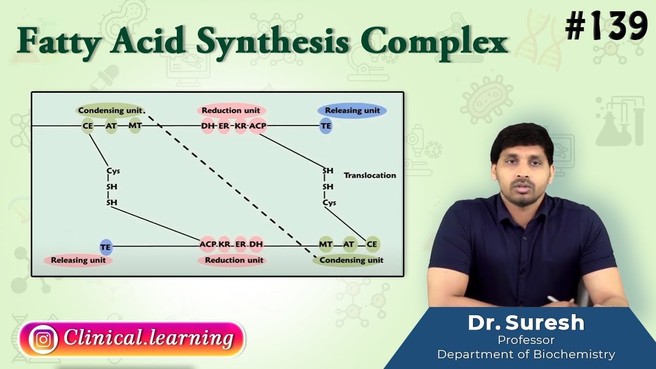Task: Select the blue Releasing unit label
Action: pos(352,110)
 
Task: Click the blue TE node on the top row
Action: pos(326,126)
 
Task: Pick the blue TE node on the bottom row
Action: pos(106,247)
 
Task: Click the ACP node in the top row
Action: pos(258,126)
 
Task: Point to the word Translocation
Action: pos(370,175)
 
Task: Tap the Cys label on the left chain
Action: pos(113,171)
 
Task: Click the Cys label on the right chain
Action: pos(329,202)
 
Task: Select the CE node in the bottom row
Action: pos(372,244)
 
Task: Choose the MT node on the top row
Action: pos(135,126)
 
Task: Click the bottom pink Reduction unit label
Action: pos(234,260)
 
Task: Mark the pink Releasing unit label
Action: pos(78,260)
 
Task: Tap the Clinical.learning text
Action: pos(149,338)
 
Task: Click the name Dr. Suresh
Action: pos(526,323)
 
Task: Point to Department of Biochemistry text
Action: pos(526,354)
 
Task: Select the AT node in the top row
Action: pos(111,126)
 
